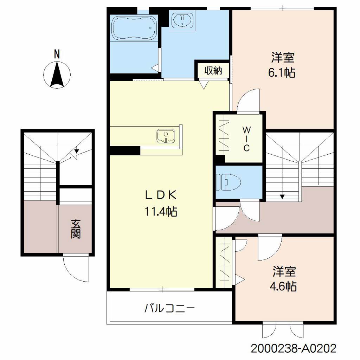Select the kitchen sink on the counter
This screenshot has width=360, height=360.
pyautogui.click(x=166, y=136)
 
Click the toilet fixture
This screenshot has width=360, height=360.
pyautogui.click(x=228, y=182)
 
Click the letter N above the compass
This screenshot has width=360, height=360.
pyautogui.click(x=57, y=54)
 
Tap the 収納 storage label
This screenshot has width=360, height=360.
pyautogui.click(x=213, y=70)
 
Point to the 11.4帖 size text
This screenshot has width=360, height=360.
pyautogui.click(x=161, y=211)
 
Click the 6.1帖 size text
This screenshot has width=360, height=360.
pyautogui.click(x=282, y=72)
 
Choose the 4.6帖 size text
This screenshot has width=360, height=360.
pyautogui.click(x=283, y=286)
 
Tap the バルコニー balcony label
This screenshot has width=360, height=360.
pyautogui.click(x=169, y=308)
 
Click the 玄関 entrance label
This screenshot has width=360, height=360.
pyautogui.click(x=76, y=229)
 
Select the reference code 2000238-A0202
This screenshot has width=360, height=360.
pyautogui.click(x=294, y=348)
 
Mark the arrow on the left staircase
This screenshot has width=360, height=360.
pyautogui.click(x=77, y=151)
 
